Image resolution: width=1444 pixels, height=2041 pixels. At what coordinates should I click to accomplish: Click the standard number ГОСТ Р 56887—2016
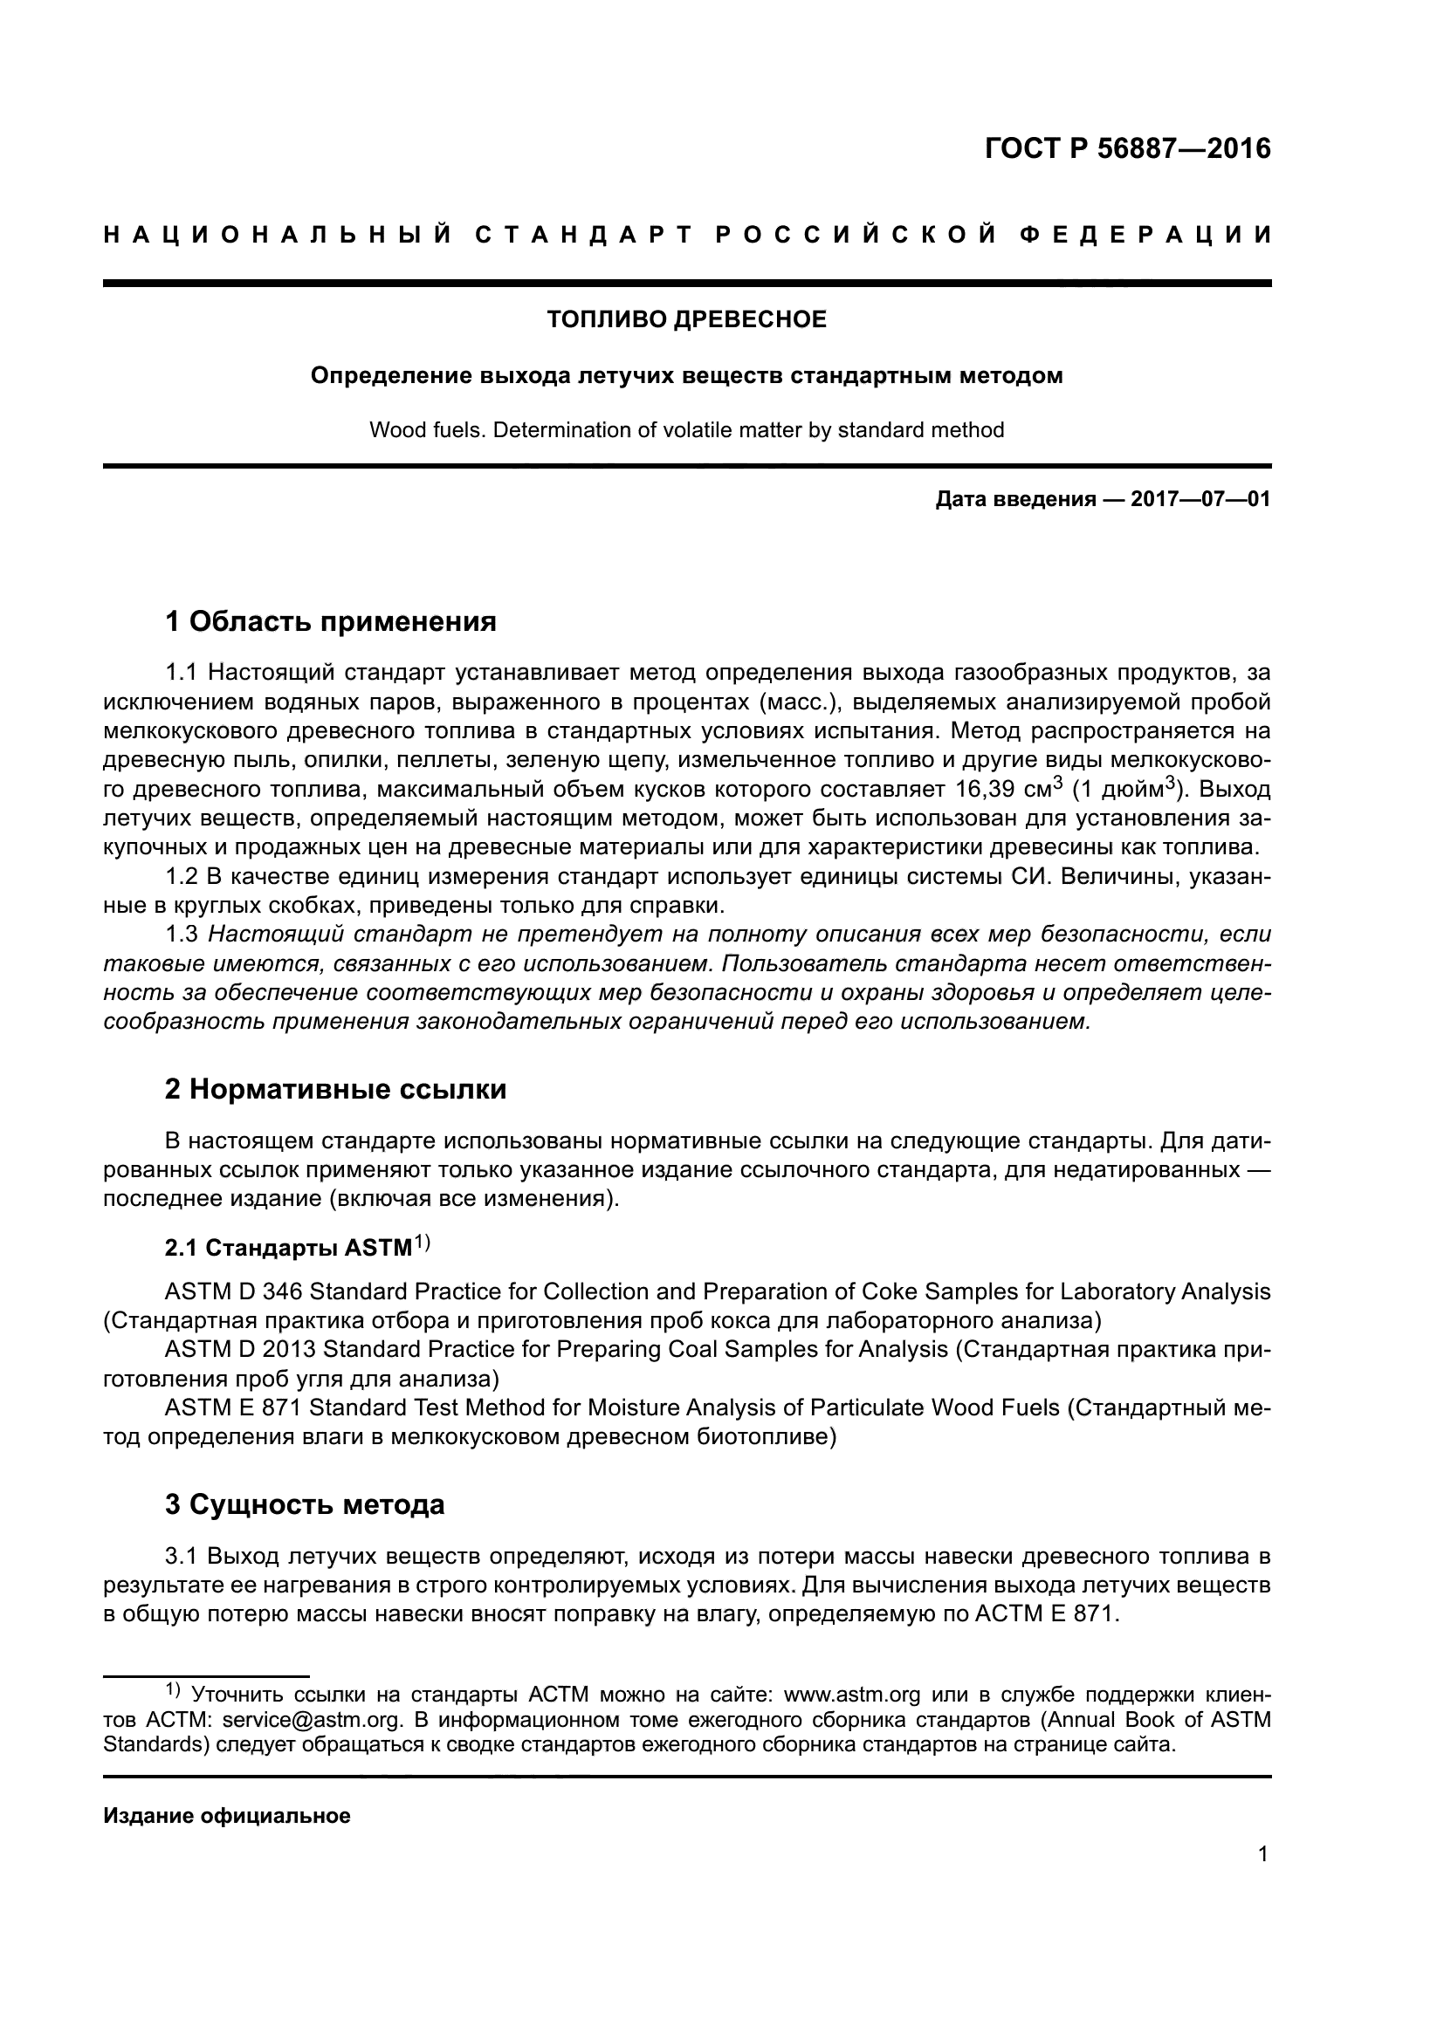[1127, 148]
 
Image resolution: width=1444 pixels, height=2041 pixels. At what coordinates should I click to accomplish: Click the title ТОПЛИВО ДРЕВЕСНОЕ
[686, 319]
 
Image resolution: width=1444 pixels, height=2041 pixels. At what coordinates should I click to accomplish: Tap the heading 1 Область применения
[331, 621]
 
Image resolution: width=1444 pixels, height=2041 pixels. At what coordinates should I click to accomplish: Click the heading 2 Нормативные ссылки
[335, 1089]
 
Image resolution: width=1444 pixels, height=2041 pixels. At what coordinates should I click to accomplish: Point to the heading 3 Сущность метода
[304, 1505]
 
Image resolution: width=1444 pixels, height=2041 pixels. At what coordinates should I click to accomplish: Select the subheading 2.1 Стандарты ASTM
[289, 1248]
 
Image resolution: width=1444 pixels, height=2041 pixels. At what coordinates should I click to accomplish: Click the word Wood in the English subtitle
[392, 430]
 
